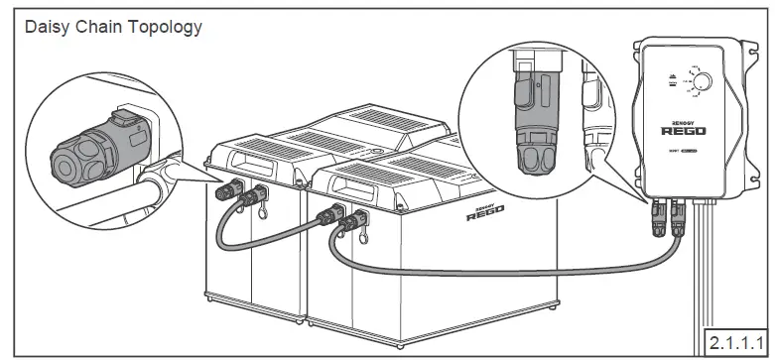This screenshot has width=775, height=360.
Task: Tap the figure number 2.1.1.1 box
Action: pyautogui.click(x=735, y=342)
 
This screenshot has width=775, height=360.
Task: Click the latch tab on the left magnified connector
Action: pyautogui.click(x=123, y=119)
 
